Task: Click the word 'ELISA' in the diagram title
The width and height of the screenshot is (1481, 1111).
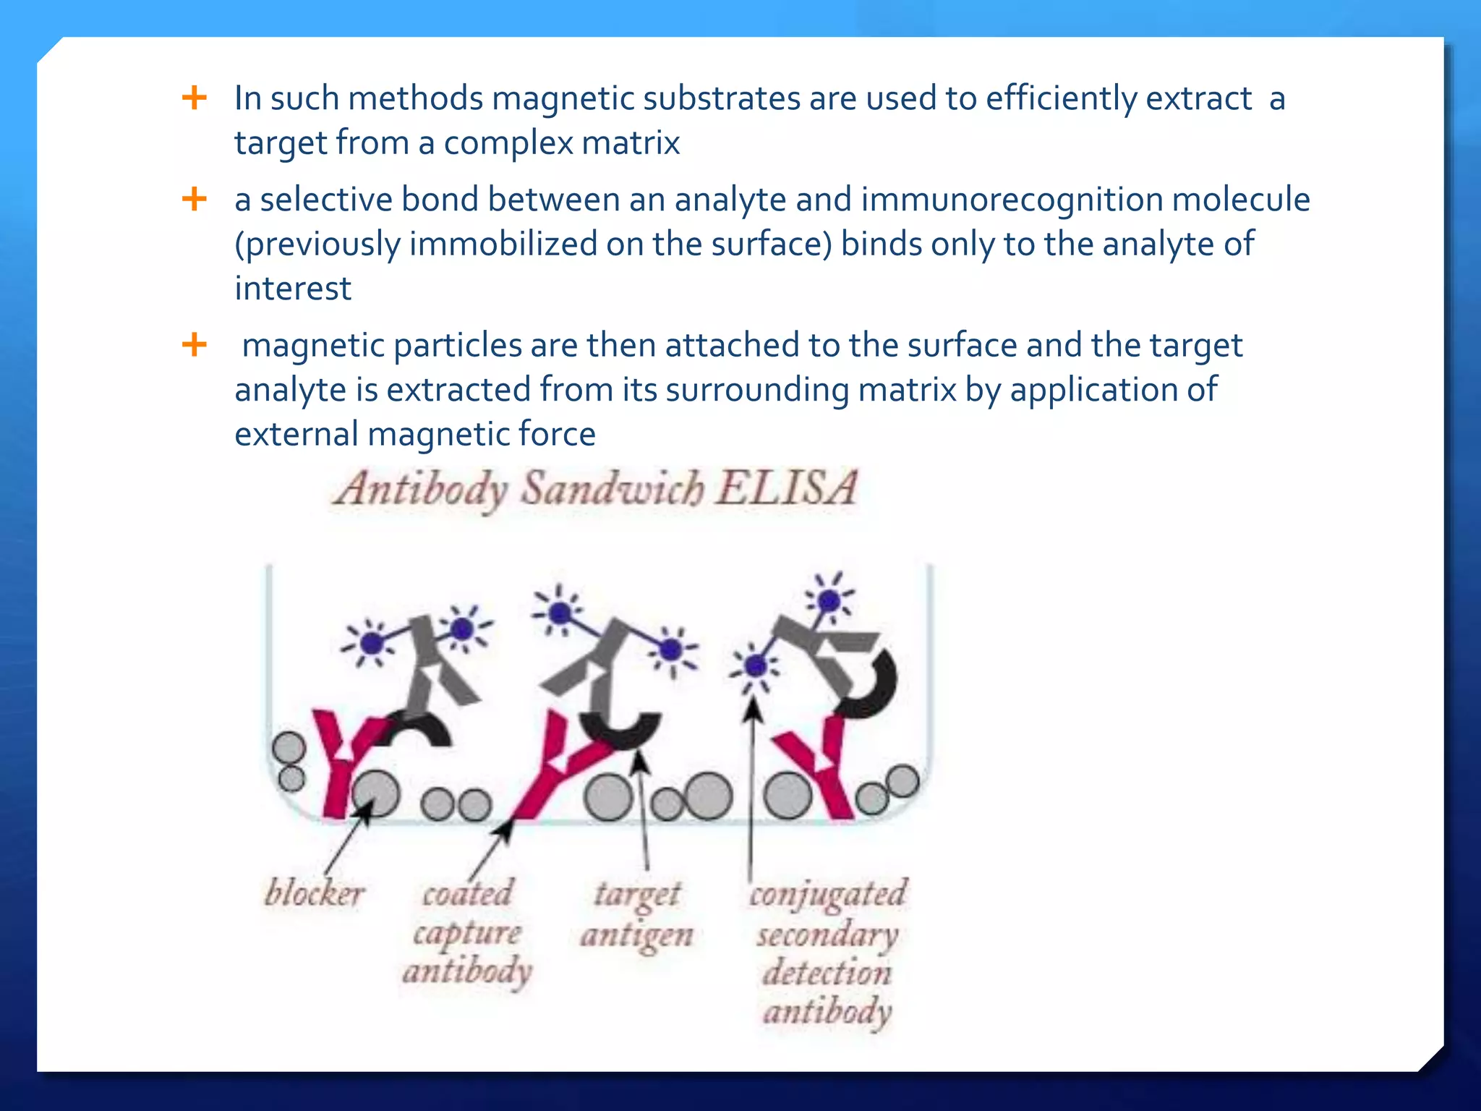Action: click(x=787, y=488)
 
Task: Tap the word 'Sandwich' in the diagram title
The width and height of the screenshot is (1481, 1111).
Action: click(x=613, y=488)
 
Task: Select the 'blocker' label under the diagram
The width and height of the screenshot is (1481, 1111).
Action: click(x=314, y=893)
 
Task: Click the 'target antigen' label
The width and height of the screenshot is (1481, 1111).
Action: click(x=636, y=915)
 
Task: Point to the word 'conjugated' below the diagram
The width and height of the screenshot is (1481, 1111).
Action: click(x=827, y=895)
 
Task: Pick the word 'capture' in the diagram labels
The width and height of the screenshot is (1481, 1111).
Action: click(x=467, y=933)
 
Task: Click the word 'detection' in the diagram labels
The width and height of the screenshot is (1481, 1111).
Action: click(x=827, y=973)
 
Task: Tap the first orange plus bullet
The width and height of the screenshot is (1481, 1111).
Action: click(x=194, y=97)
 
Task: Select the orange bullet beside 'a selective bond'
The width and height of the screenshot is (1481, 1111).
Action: click(x=194, y=198)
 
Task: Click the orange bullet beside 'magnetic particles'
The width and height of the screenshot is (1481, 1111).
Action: click(x=194, y=344)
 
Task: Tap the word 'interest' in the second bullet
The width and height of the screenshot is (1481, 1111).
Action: click(x=293, y=289)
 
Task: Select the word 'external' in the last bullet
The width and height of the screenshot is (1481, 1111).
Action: click(x=296, y=435)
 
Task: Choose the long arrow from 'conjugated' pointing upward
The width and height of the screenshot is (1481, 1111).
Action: click(x=752, y=781)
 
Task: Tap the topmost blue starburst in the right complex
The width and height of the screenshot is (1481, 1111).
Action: click(x=829, y=600)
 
